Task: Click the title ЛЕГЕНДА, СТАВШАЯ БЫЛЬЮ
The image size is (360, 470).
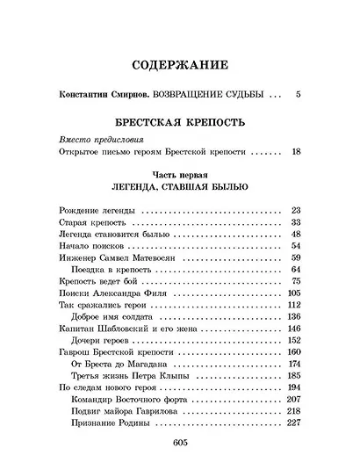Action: [x=179, y=187]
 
